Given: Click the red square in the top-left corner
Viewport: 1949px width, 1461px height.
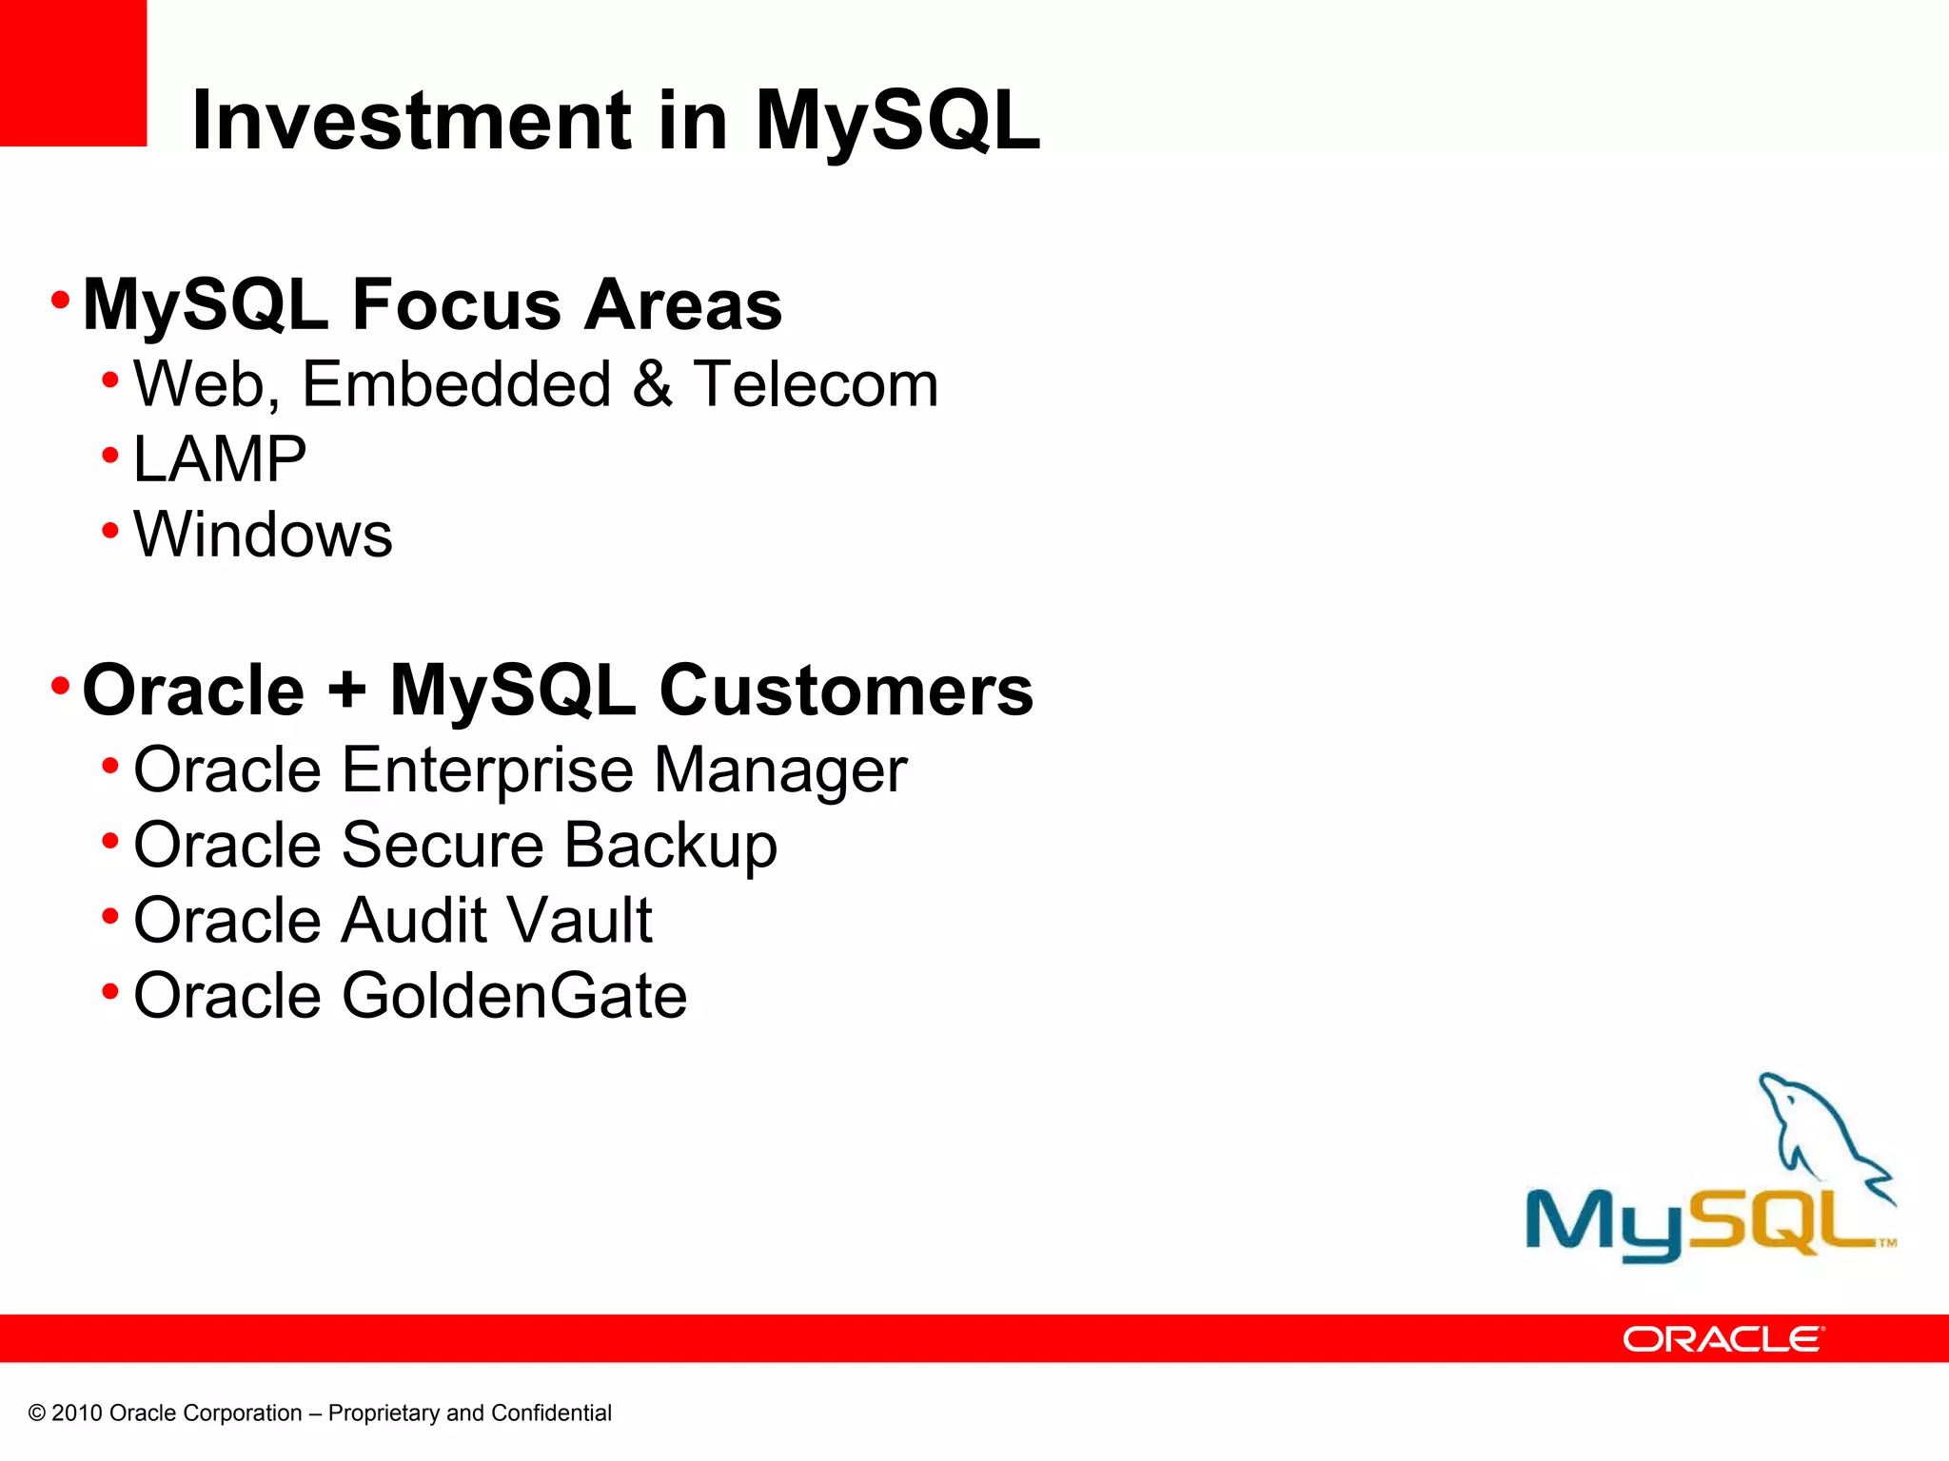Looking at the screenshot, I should tap(72, 72).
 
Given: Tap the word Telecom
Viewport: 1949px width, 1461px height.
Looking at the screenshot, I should tap(816, 384).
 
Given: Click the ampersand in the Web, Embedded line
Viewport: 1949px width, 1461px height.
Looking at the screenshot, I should tap(652, 384).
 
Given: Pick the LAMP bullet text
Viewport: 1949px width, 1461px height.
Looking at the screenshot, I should tap(220, 459).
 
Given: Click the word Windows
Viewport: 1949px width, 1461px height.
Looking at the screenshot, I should tap(263, 535).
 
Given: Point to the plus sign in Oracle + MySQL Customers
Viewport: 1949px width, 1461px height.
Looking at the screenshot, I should tap(347, 690).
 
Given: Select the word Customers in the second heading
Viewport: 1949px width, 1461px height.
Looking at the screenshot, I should tap(846, 690).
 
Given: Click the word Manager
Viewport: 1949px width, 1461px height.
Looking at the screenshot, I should tap(780, 770).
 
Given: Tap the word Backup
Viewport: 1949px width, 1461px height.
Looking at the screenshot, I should tap(671, 846).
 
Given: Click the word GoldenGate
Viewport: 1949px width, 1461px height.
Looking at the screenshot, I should tap(514, 996).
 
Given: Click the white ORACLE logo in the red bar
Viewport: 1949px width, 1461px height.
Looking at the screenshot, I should tap(1723, 1339).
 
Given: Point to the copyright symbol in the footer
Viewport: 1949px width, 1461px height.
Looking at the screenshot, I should tap(37, 1413).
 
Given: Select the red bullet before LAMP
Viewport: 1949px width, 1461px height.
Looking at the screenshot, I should tap(110, 456).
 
